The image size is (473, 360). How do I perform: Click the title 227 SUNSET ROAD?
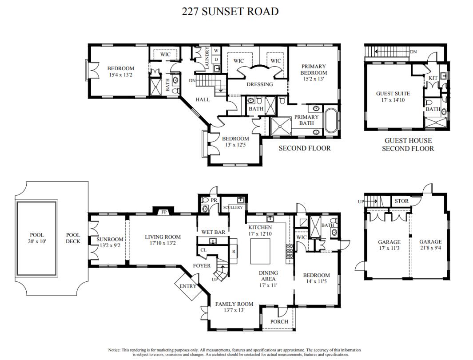(230, 12)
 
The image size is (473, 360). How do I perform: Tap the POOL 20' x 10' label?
(37, 238)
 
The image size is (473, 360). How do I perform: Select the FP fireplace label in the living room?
(164, 212)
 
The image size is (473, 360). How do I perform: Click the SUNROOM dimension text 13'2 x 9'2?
(110, 245)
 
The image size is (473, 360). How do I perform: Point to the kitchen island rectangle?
(260, 251)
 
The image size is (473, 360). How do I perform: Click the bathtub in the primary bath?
(331, 120)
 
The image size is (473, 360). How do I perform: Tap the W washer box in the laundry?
(216, 51)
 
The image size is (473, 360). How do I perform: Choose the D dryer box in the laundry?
(216, 59)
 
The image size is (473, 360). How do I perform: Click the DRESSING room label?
(260, 84)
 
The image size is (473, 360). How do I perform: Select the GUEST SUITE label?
(393, 94)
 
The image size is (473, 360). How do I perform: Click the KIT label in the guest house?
(433, 78)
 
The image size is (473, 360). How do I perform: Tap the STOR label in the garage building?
(401, 201)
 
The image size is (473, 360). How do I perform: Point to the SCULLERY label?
(233, 207)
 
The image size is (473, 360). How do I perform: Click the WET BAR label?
(213, 232)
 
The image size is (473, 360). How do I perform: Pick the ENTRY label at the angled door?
(187, 286)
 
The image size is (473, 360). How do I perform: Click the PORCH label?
(279, 322)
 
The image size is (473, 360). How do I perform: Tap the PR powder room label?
(214, 200)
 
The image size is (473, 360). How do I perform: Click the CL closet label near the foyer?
(203, 250)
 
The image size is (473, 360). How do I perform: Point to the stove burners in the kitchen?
(290, 251)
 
